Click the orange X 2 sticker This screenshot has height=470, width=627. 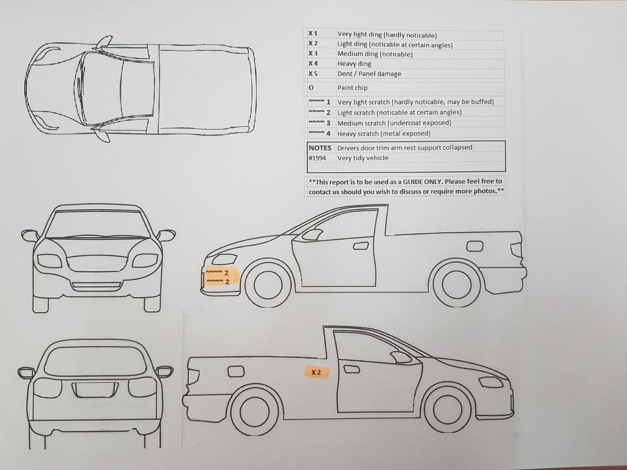tap(316, 372)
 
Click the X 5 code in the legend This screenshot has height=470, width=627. tap(313, 74)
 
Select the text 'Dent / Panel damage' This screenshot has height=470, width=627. tap(369, 74)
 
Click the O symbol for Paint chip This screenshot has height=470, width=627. tap(311, 88)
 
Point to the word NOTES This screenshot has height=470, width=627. tap(320, 148)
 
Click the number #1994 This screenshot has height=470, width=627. tap(317, 158)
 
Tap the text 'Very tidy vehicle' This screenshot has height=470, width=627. tap(363, 158)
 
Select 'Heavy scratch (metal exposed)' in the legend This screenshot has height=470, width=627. tap(384, 133)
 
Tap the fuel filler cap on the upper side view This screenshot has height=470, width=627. tap(475, 246)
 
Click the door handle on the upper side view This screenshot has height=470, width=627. tap(361, 246)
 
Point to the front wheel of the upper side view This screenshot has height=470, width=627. tap(268, 285)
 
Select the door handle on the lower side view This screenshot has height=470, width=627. tap(351, 369)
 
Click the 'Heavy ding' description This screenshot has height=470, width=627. tap(354, 64)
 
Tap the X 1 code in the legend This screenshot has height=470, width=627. tap(313, 34)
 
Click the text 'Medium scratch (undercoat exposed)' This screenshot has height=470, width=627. tap(394, 123)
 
